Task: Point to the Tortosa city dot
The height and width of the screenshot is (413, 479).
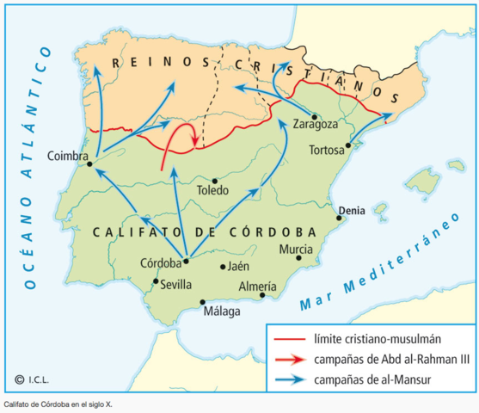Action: [x=348, y=145]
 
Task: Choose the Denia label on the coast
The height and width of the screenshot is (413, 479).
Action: [x=352, y=208]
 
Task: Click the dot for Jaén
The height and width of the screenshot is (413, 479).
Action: [x=223, y=267]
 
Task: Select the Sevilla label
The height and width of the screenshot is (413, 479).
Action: [x=176, y=285]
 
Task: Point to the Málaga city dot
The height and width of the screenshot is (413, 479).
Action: [x=203, y=302]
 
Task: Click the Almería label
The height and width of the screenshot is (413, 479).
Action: [x=257, y=286]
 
